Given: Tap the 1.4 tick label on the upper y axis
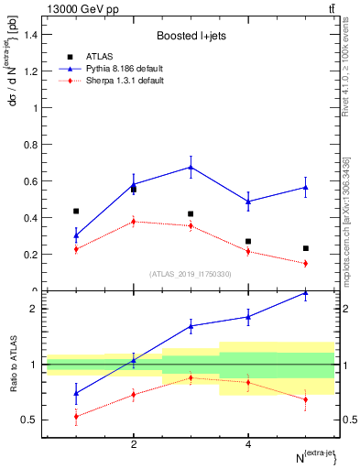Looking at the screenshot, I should pyautogui.click(x=31, y=34).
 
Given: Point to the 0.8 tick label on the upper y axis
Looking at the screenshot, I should pyautogui.click(x=31, y=145).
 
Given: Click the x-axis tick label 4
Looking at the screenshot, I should pyautogui.click(x=248, y=444).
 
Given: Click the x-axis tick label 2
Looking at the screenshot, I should pyautogui.click(x=134, y=444).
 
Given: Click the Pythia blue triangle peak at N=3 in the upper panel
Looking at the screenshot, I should pyautogui.click(x=191, y=167).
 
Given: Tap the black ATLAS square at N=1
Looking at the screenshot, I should pyautogui.click(x=76, y=211).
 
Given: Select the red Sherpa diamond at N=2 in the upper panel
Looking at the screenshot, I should pyautogui.click(x=134, y=221).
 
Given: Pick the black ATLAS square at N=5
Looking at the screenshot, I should pyautogui.click(x=305, y=248).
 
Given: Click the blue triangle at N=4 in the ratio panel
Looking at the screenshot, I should pyautogui.click(x=248, y=317).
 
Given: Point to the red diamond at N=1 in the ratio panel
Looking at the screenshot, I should pyautogui.click(x=76, y=416).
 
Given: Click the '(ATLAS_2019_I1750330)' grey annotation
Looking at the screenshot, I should pyautogui.click(x=190, y=274).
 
